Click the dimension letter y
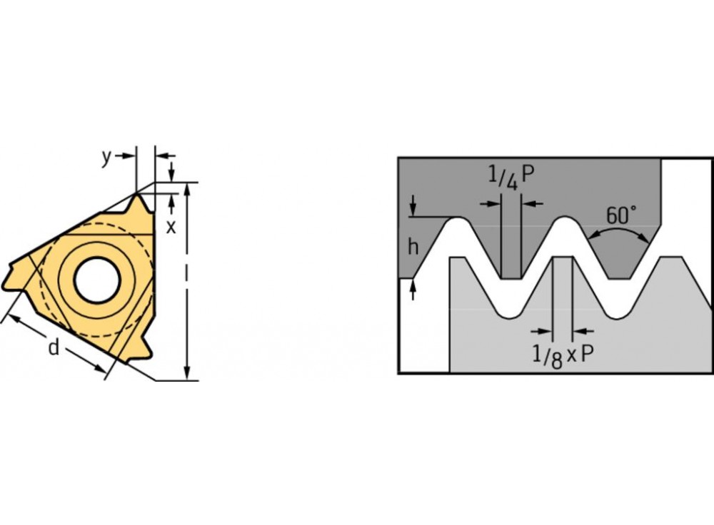(x=106, y=158)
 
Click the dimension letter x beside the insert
(x=171, y=227)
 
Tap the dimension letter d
(x=54, y=347)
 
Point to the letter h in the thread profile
(x=413, y=247)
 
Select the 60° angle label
(x=622, y=215)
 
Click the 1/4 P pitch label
(x=511, y=177)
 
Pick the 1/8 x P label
(x=563, y=354)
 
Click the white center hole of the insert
(x=97, y=280)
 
